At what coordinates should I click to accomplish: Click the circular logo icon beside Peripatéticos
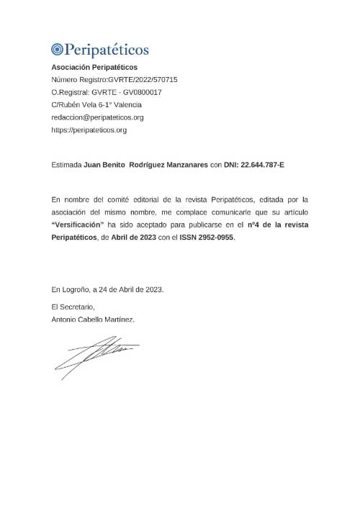pyautogui.click(x=58, y=50)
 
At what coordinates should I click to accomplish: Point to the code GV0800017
pyautogui.click(x=142, y=92)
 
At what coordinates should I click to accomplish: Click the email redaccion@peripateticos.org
pyautogui.click(x=97, y=117)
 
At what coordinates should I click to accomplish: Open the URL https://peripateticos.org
pyautogui.click(x=89, y=130)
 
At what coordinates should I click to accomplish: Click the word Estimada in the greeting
pyautogui.click(x=67, y=165)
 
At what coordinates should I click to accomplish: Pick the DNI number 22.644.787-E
pyautogui.click(x=256, y=165)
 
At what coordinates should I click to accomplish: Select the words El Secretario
pyautogui.click(x=73, y=307)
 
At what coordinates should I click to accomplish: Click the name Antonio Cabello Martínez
pyautogui.click(x=93, y=319)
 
